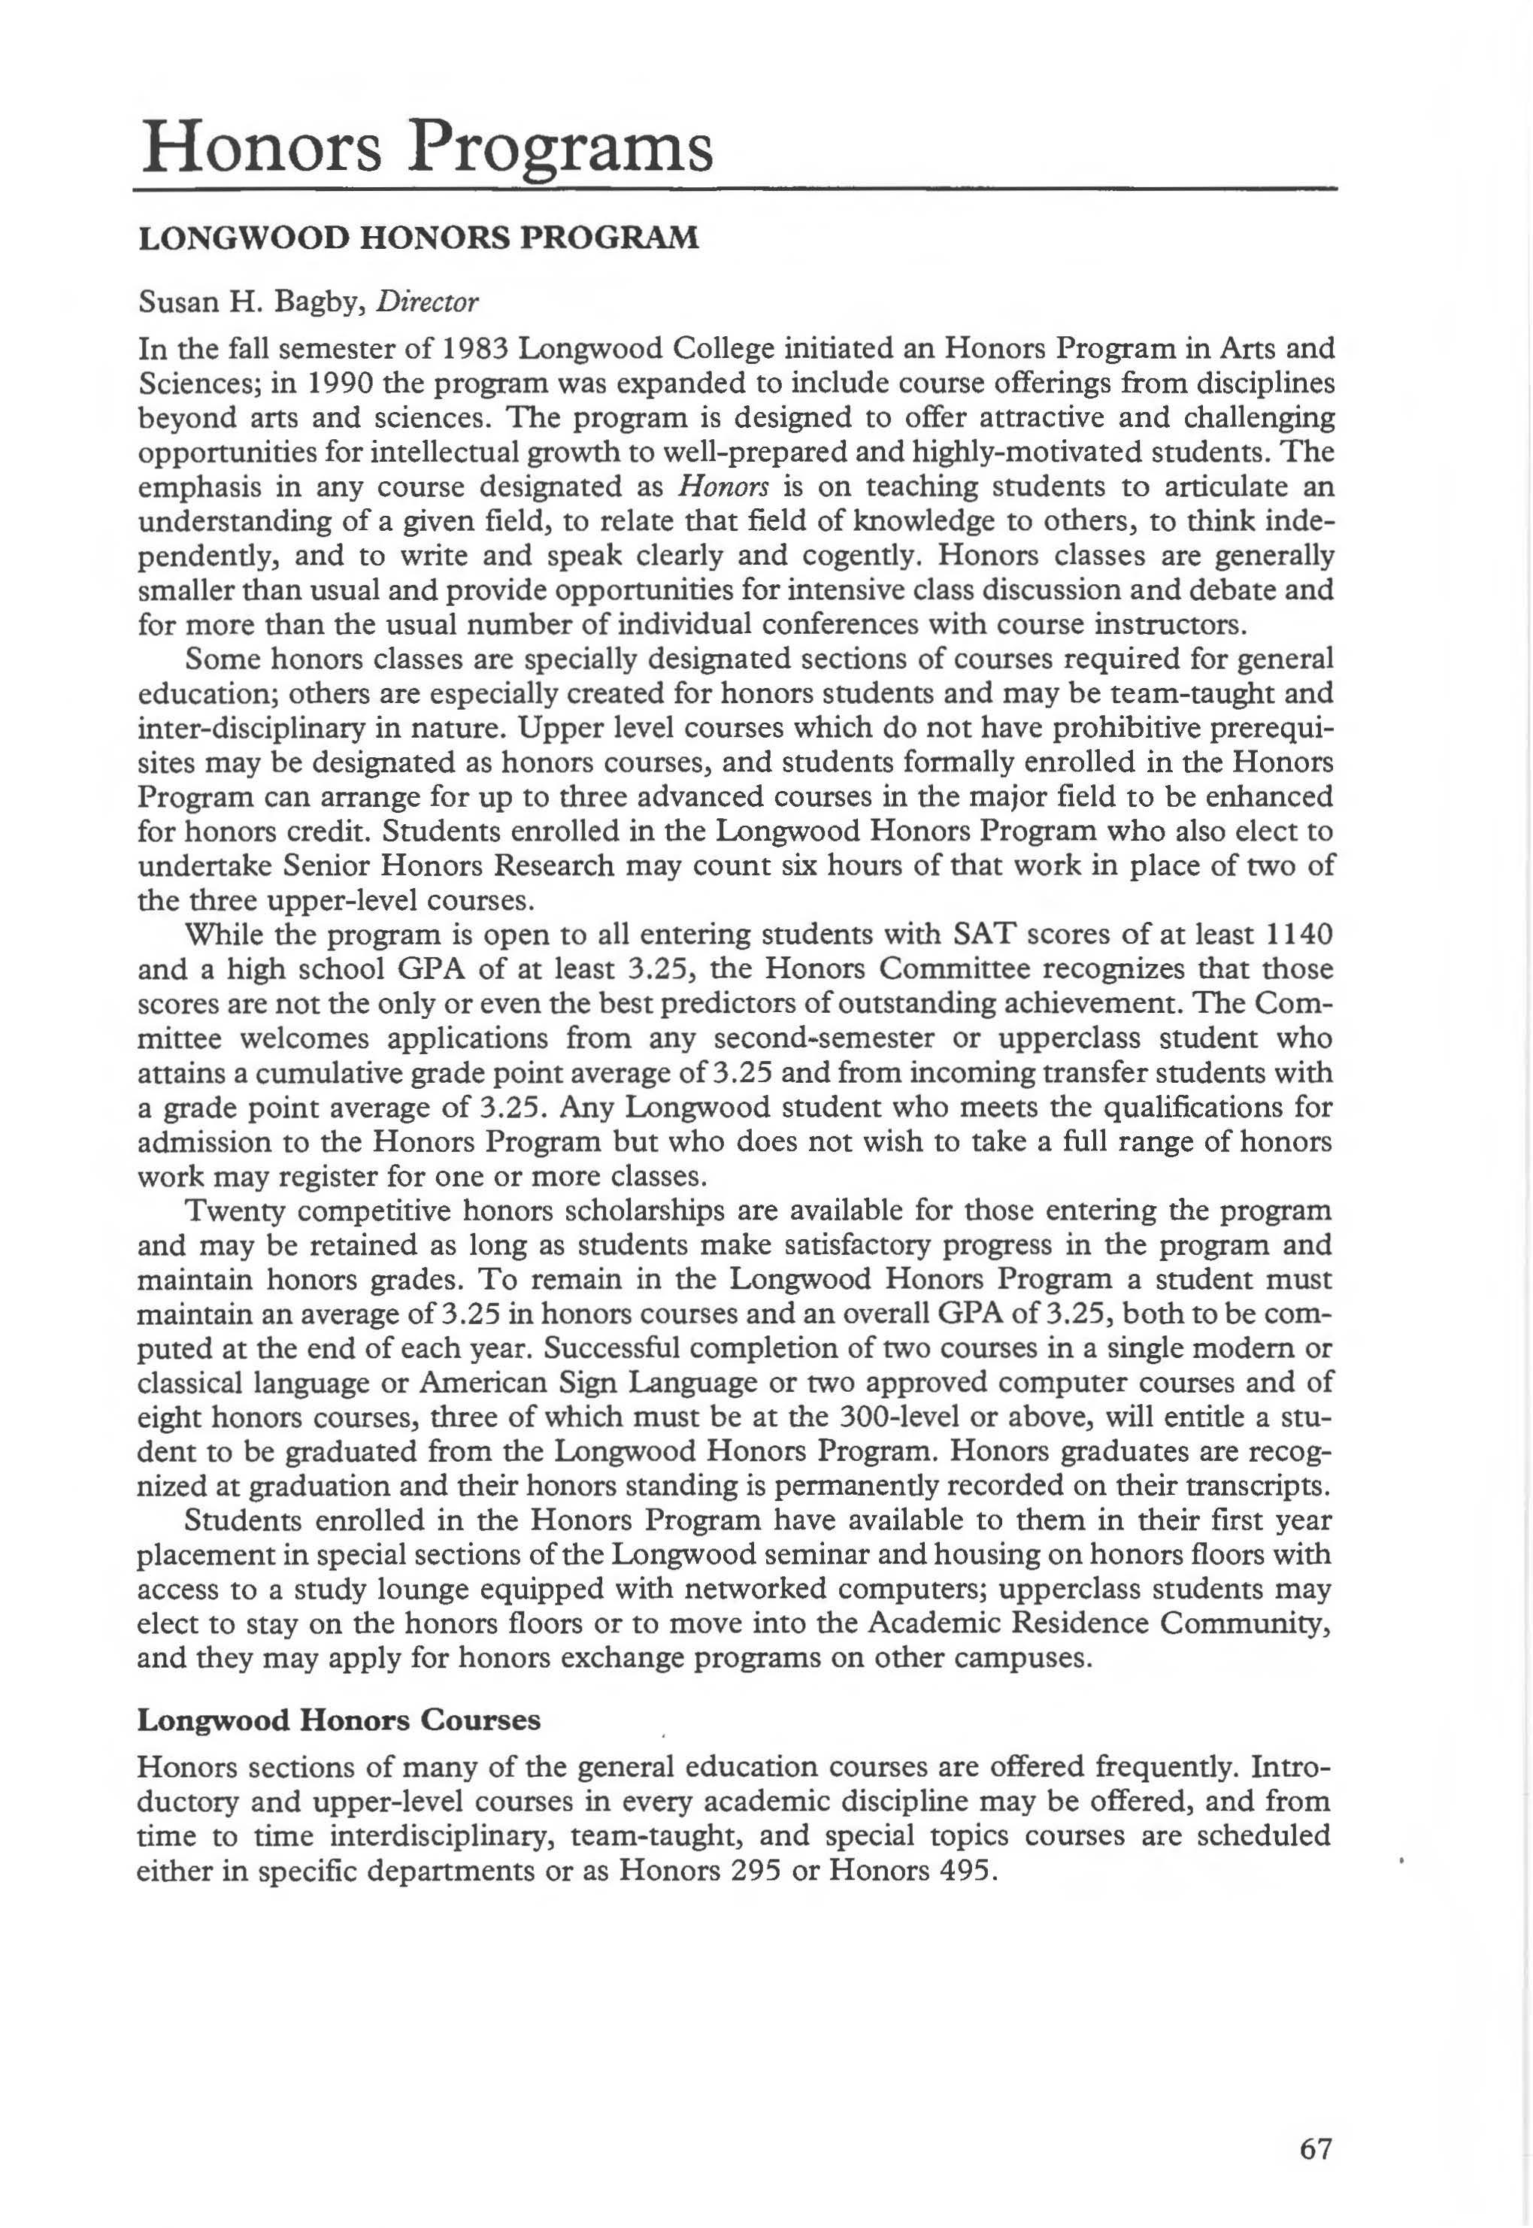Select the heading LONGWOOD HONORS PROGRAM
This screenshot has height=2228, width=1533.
coord(419,238)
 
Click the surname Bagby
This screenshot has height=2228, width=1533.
coord(312,302)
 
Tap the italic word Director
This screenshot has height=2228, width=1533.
coord(426,302)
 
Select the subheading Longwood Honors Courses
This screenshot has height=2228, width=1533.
coord(339,1720)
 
